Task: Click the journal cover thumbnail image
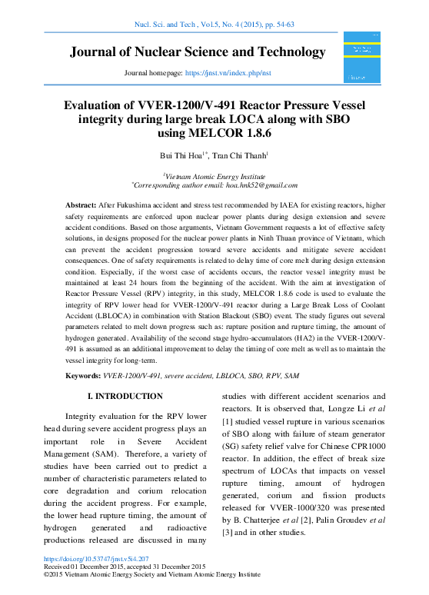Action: (362, 58)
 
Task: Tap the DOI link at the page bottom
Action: (97, 559)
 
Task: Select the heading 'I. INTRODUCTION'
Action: (126, 396)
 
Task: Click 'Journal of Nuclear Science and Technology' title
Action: (198, 52)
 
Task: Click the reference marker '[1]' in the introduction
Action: (226, 444)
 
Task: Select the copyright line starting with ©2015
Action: (152, 574)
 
